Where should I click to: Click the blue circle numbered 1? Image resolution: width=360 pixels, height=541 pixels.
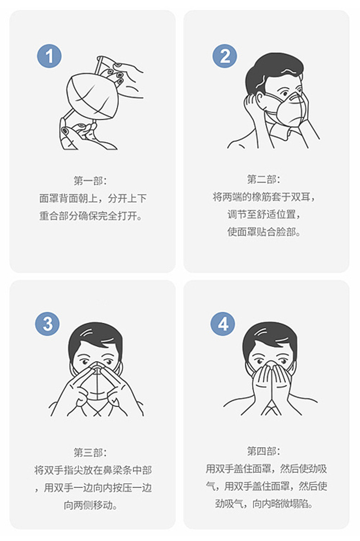tap(49, 56)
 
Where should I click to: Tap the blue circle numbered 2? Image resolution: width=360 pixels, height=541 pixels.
tap(225, 56)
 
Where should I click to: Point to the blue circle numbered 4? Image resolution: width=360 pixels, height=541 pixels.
tap(223, 324)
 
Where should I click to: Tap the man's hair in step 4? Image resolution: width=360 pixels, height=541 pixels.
tap(269, 335)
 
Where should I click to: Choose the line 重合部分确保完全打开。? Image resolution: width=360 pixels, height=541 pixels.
tap(91, 215)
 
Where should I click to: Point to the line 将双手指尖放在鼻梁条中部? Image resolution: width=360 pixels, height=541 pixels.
tap(93, 470)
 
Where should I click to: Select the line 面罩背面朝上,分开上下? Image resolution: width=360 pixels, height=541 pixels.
tap(93, 198)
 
